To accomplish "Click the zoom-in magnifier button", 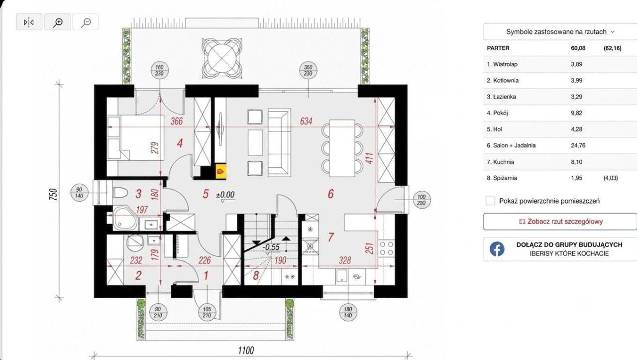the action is pyautogui.click(x=57, y=22).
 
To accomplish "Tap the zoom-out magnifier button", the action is pyautogui.click(x=86, y=22).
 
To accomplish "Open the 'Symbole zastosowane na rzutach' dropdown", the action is pyautogui.click(x=560, y=31).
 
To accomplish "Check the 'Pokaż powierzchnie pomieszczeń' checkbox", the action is pyautogui.click(x=490, y=201).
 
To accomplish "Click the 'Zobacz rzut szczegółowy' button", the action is pyautogui.click(x=560, y=222).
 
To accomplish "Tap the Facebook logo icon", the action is pyautogui.click(x=497, y=249).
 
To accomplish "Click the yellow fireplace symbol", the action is pyautogui.click(x=221, y=171).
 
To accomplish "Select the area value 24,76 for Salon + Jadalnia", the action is pyautogui.click(x=578, y=145).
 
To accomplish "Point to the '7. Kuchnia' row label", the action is pyautogui.click(x=500, y=162).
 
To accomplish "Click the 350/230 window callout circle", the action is pyautogui.click(x=308, y=71).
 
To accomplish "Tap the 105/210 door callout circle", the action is pyautogui.click(x=207, y=312).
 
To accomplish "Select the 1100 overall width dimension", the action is pyautogui.click(x=246, y=350).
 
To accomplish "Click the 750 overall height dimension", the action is pyautogui.click(x=53, y=194).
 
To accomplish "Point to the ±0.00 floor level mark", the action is pyautogui.click(x=225, y=195).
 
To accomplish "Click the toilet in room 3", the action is pyautogui.click(x=120, y=193).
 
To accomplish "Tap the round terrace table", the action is pyautogui.click(x=222, y=58).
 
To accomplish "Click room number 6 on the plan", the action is pyautogui.click(x=330, y=194).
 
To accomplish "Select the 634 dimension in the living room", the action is pyautogui.click(x=306, y=121).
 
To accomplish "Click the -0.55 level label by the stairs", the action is pyautogui.click(x=271, y=247).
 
